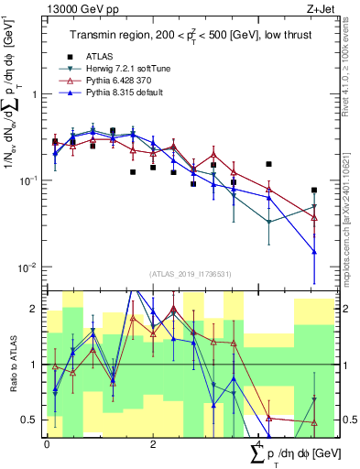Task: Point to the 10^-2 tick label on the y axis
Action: pos(29,267)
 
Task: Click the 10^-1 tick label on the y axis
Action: pos(29,180)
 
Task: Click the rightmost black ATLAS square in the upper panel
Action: pos(314,191)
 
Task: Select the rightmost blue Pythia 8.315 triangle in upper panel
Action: pos(314,251)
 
